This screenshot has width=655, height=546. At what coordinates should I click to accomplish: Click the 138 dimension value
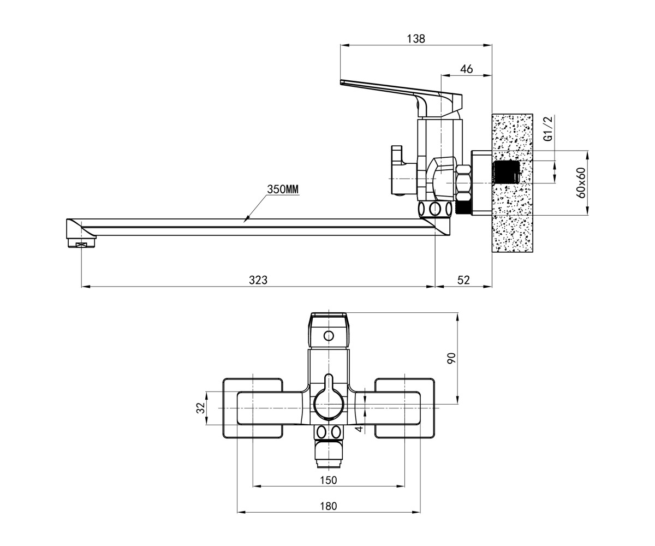(x=415, y=39)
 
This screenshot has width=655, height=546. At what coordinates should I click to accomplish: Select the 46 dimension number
(x=467, y=69)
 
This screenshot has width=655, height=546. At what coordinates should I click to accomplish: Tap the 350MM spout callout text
(x=283, y=189)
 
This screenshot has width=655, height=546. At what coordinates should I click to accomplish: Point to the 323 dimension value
(x=258, y=280)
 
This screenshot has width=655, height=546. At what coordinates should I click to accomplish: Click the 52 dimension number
(x=463, y=280)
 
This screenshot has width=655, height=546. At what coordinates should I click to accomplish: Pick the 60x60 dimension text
(x=581, y=183)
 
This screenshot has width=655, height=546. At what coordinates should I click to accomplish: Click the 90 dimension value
(x=451, y=358)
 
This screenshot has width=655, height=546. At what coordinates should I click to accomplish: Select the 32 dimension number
(x=201, y=408)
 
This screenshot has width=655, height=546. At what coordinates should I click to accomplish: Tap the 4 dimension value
(x=360, y=428)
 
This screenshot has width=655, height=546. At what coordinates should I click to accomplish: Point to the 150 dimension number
(x=328, y=480)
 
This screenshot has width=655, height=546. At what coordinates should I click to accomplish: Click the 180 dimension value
(x=328, y=506)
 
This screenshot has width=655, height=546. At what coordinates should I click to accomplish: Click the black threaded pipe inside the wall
(x=506, y=172)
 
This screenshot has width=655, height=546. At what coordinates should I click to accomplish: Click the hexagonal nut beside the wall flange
(x=463, y=182)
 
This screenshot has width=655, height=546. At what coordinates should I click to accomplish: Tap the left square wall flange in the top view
(x=253, y=408)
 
